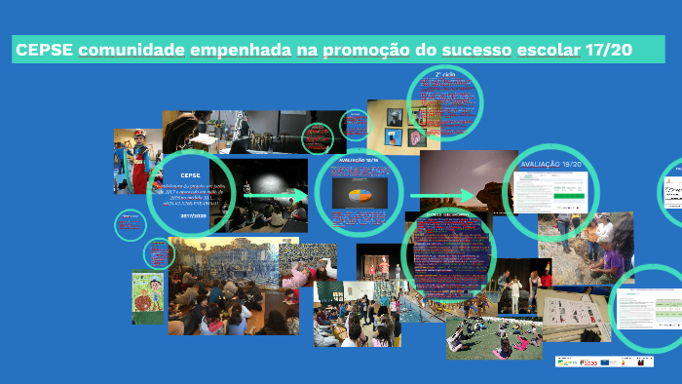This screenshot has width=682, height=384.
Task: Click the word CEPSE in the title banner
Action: pyautogui.click(x=44, y=50)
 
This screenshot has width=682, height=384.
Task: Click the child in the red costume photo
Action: pyautogui.click(x=137, y=161)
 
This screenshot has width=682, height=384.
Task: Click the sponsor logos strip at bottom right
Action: pyautogui.click(x=604, y=361)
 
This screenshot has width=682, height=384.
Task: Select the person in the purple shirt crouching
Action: pyautogui.click(x=610, y=261)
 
